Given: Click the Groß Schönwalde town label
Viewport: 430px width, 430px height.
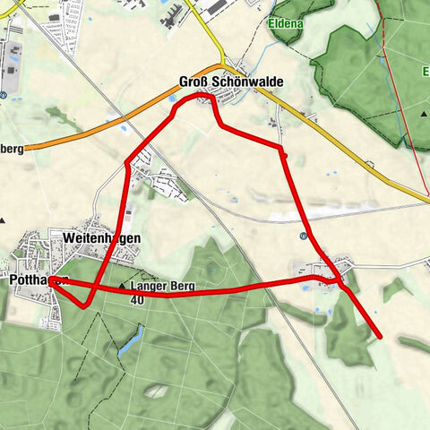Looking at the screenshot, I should [230, 82].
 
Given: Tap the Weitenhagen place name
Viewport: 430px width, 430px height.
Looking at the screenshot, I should [102, 238].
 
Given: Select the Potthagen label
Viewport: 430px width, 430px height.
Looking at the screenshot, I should [32, 280].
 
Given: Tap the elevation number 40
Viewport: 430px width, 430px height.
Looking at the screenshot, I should [136, 300].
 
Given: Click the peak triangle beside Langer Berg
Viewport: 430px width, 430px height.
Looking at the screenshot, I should [123, 287].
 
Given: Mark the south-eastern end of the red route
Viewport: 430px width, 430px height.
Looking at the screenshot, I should [381, 337].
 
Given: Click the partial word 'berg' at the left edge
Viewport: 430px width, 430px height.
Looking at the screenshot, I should [11, 149].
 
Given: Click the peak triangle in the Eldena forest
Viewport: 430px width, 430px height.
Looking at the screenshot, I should [425, 114].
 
